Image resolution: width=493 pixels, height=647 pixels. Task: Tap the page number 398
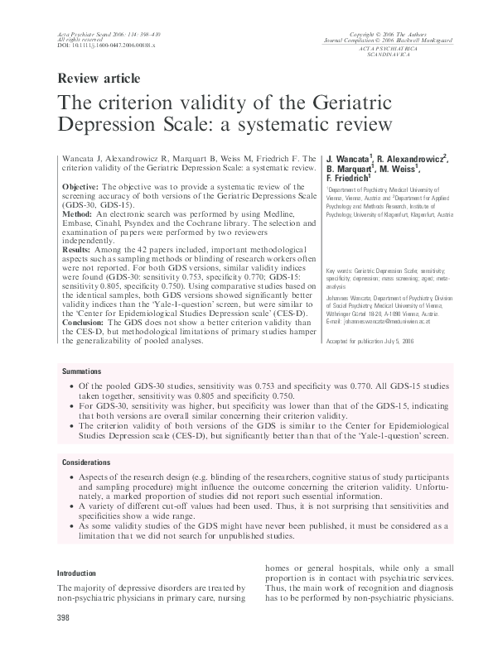coord(63,618)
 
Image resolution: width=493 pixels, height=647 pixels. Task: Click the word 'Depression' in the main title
coord(109,127)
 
